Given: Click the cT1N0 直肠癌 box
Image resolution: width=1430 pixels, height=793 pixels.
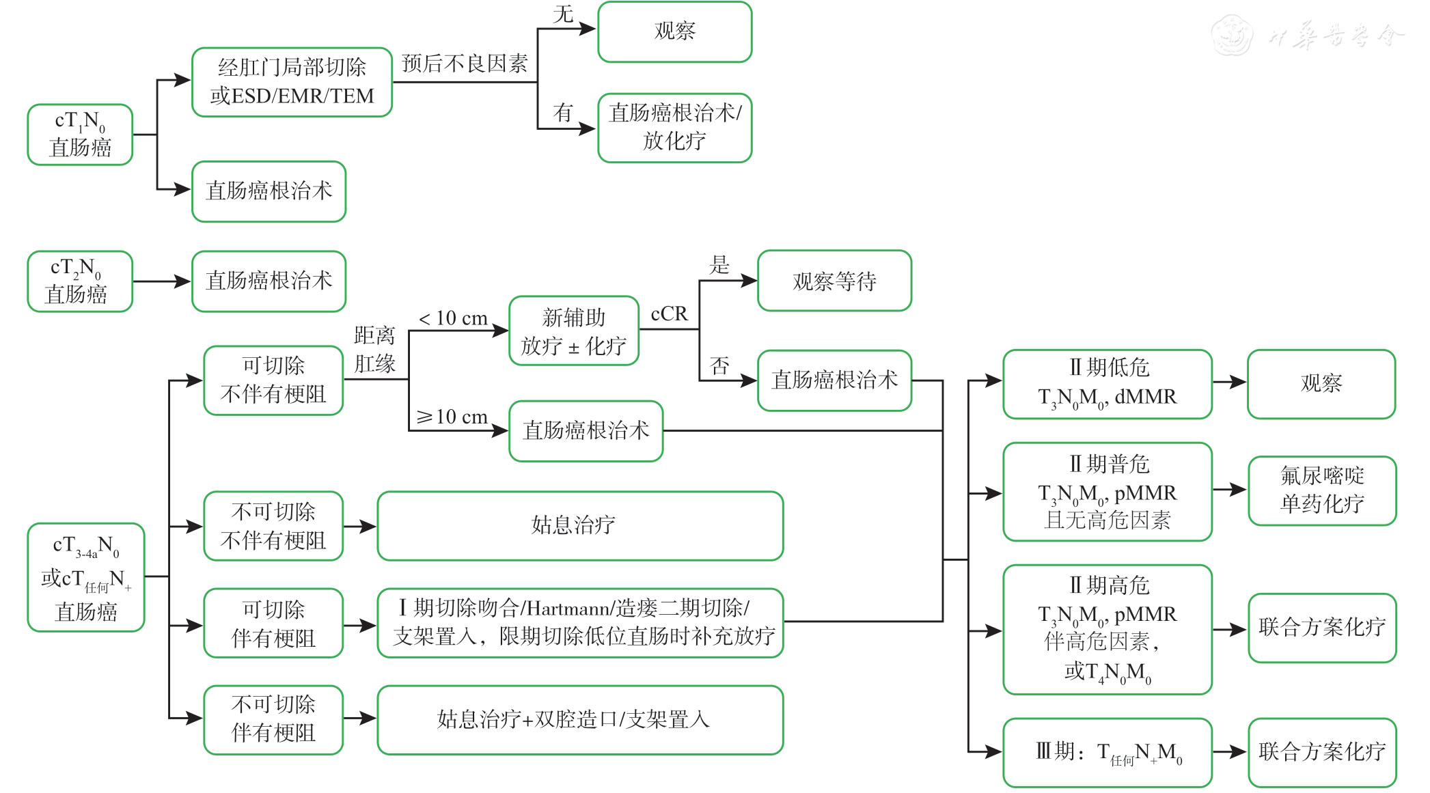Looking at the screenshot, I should click(80, 135).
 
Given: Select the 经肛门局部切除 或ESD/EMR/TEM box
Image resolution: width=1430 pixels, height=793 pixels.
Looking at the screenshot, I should click(292, 82).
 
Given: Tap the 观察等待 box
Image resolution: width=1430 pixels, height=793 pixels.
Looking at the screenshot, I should click(834, 281).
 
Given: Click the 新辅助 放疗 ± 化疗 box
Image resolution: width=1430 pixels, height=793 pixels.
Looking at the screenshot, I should click(573, 331).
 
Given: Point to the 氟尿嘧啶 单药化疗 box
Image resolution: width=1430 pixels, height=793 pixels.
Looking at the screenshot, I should click(1321, 490).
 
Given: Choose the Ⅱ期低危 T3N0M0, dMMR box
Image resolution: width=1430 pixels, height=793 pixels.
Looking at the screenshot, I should click(1107, 384).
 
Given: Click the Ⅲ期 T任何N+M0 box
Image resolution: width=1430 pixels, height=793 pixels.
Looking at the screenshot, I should click(1107, 752).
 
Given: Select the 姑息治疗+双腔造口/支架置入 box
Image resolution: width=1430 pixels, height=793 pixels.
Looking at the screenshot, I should click(579, 720).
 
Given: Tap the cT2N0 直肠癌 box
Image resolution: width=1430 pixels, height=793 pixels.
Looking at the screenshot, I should click(79, 281).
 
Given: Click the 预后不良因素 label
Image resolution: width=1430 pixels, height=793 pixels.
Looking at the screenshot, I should click(465, 64).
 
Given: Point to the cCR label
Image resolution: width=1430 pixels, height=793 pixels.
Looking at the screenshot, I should click(669, 314).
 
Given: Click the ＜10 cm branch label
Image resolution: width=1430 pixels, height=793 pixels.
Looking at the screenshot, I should click(452, 318).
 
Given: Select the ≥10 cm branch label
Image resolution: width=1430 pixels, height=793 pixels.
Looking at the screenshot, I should click(452, 417).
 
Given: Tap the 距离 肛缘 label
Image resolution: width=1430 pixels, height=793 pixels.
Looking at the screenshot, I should click(374, 349).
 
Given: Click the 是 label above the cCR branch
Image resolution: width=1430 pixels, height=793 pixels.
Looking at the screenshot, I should click(719, 265).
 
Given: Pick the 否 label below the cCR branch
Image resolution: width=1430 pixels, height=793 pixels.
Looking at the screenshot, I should click(719, 366).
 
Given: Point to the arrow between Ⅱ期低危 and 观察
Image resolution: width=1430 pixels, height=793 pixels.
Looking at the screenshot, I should click(1229, 382).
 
